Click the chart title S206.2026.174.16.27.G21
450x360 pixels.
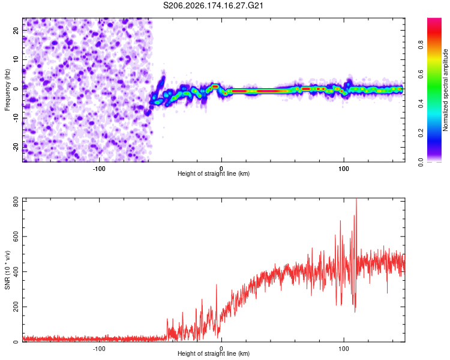(213, 5)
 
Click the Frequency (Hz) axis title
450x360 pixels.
(7, 90)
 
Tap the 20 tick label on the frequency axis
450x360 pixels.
(16, 30)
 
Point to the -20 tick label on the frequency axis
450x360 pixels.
(16, 148)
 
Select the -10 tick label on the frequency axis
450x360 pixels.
(16, 118)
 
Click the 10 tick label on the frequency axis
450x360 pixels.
(16, 59)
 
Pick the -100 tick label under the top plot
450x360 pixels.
(99, 169)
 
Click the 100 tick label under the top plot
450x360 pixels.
(344, 169)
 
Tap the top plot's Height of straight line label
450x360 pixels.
(214, 173)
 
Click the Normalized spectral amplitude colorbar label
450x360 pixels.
(445, 90)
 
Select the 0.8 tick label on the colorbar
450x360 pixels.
(421, 45)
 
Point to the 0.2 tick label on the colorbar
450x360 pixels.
(421, 133)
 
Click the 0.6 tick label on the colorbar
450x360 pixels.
(421, 74)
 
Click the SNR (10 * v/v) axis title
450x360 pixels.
(7, 270)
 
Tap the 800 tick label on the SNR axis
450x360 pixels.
(16, 202)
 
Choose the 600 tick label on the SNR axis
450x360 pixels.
(16, 236)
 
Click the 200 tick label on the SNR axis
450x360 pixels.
(16, 307)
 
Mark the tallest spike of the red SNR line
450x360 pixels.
(356, 199)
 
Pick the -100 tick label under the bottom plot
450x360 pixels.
(99, 349)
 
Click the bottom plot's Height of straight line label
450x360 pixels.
(214, 353)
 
